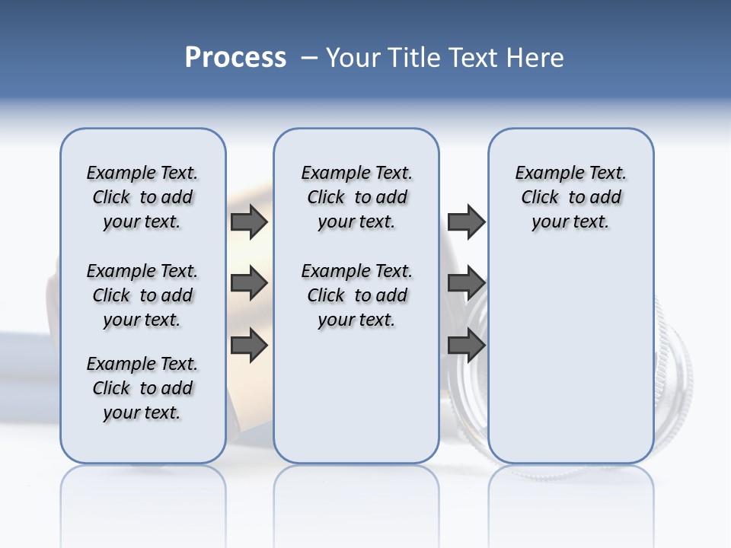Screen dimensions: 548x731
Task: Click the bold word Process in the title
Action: tap(235, 57)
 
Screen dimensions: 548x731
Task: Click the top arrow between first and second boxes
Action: tap(249, 221)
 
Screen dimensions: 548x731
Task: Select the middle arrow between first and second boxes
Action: tap(249, 283)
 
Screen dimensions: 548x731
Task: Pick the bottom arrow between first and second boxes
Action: tap(249, 346)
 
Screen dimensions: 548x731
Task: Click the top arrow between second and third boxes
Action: tap(466, 221)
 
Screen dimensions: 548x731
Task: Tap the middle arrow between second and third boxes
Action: tap(466, 283)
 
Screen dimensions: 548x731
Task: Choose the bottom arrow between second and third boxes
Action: tap(466, 346)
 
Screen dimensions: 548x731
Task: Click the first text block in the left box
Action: tap(142, 197)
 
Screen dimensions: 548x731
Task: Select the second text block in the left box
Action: tap(142, 295)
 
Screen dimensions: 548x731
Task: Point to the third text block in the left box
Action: tap(142, 388)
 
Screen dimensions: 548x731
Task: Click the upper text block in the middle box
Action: tap(356, 197)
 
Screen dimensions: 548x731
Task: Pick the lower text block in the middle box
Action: tap(356, 295)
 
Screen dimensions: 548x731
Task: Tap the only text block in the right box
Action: tap(570, 197)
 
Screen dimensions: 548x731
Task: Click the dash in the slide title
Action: tap(309, 58)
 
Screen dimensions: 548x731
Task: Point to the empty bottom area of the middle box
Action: tap(356, 403)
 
